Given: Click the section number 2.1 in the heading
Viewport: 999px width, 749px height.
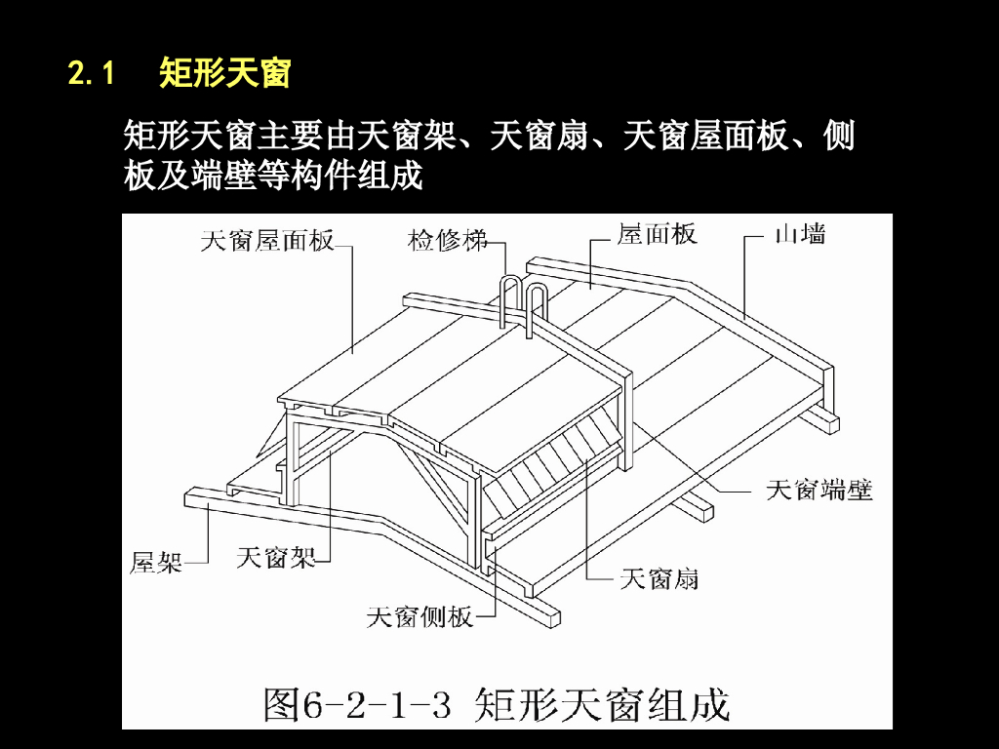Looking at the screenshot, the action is click(92, 73).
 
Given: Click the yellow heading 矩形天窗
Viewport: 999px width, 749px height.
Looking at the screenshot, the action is click(224, 73).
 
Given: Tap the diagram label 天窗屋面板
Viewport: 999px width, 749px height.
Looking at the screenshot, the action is click(267, 239).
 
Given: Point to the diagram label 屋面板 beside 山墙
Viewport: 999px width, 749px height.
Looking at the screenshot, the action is click(657, 234).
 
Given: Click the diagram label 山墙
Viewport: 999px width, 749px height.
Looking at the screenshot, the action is click(800, 234).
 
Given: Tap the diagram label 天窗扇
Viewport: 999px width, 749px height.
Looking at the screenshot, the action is click(659, 578).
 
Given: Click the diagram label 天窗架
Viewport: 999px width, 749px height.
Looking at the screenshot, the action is click(276, 558).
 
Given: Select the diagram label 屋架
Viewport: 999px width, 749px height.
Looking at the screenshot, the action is click(156, 562).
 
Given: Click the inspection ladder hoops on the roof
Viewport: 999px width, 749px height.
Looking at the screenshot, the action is click(524, 302).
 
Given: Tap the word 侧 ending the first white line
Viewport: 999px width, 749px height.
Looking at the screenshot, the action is click(839, 136).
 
